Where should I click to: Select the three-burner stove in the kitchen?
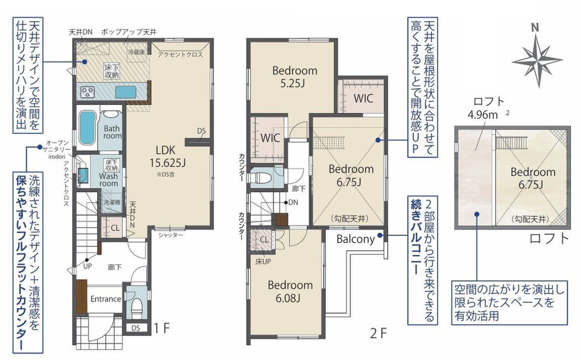(88, 92)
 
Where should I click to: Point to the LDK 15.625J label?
(167, 157)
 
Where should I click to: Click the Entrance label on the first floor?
(106, 299)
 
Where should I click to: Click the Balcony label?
(355, 239)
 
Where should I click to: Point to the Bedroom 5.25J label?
(295, 77)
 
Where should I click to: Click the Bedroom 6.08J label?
(290, 292)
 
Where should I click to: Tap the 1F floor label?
(162, 328)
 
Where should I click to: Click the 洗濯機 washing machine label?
(112, 202)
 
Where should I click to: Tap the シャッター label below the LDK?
(170, 235)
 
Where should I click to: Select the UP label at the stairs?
(87, 266)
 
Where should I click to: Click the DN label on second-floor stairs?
(293, 202)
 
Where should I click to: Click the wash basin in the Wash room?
(83, 172)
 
